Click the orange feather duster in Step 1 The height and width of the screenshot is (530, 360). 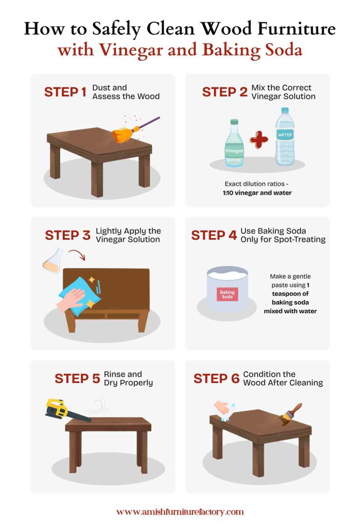click(124, 134)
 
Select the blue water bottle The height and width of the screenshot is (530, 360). click(285, 137)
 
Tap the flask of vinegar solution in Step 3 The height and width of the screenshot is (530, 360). click(54, 260)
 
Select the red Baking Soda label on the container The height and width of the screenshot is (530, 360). click(227, 295)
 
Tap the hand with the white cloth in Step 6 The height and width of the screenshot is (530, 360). click(223, 410)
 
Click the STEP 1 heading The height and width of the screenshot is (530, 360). click(65, 92)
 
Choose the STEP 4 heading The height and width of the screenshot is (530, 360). click(214, 235)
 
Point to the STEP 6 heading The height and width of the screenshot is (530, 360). click(216, 378)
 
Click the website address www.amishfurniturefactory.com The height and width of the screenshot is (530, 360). click(180, 512)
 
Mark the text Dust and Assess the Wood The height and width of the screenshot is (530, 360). click(126, 92)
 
